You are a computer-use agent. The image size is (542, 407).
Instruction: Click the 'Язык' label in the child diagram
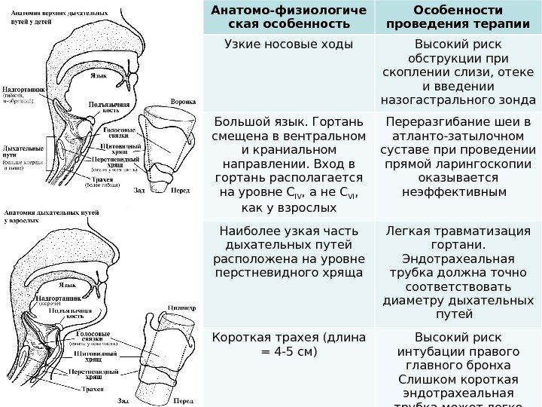coord(99,76)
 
